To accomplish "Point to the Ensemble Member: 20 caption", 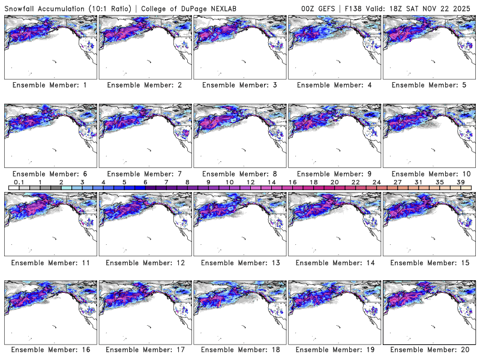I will pos(429,350).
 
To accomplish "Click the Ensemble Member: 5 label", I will pos(429,85).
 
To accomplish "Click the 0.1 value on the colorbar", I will pos(19,182).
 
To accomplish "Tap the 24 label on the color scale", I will pos(377,182).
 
